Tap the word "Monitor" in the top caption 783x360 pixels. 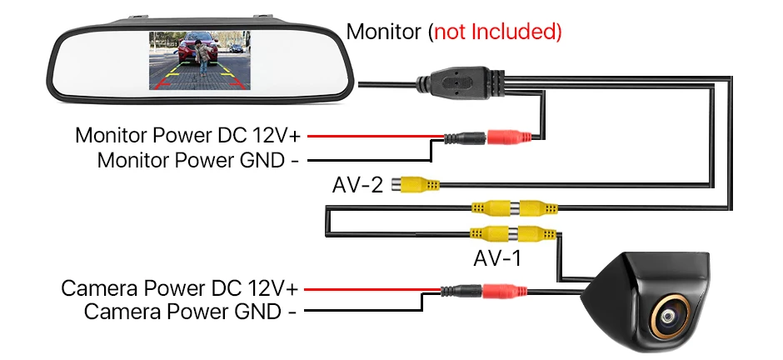[384, 32]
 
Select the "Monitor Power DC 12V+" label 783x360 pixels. [188, 135]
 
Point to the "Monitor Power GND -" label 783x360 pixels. [198, 160]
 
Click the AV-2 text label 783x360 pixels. [357, 185]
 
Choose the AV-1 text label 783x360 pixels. [497, 258]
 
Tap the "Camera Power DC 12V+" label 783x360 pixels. [180, 288]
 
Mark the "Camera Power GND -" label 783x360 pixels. [190, 312]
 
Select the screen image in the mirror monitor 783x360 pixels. [200, 60]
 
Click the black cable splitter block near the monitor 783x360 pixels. [461, 82]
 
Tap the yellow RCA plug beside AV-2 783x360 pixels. [416, 185]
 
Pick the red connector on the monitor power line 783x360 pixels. [509, 137]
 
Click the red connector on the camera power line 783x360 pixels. [504, 291]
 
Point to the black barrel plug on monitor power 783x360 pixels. [465, 137]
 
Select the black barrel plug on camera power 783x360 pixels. [461, 291]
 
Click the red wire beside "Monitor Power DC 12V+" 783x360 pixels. [376, 136]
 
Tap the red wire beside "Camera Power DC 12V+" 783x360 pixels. [372, 289]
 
